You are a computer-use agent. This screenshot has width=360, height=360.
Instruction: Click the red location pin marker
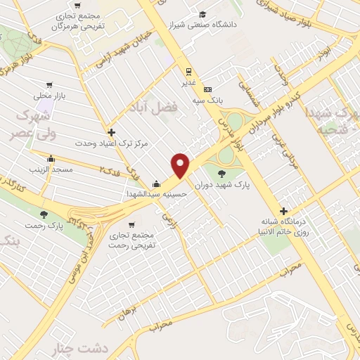[181, 165]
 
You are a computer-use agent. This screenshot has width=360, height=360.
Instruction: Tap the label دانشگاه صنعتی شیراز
[238, 25]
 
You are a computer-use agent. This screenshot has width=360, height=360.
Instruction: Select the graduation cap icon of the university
[202, 14]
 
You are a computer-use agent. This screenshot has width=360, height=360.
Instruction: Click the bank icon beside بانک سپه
[207, 89]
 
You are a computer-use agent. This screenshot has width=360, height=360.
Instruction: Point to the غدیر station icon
[188, 70]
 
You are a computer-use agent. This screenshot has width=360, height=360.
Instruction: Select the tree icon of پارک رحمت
[46, 214]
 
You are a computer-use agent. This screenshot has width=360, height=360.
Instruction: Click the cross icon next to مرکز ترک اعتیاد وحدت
[111, 131]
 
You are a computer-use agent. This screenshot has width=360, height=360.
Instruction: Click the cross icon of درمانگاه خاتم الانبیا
[283, 211]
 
